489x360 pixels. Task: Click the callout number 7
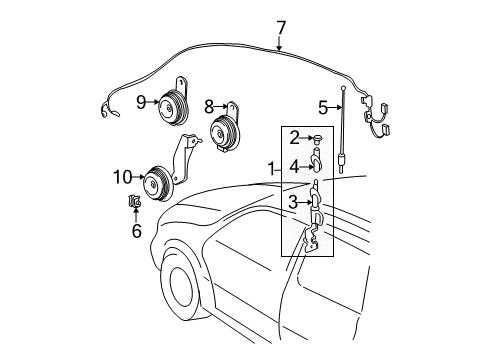pos(281,28)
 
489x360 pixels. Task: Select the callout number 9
pos(141,102)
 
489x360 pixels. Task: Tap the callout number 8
pos(209,107)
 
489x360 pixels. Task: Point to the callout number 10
pos(122,177)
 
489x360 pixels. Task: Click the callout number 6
pos(137,231)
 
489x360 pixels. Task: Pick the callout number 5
pos(323,107)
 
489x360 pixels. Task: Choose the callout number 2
pos(294,138)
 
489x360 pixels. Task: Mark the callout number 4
pos(294,167)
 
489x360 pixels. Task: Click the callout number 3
pos(293,202)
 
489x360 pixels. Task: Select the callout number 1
pos(272,169)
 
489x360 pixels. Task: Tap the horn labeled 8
pos(223,132)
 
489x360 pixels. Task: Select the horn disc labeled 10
pos(158,184)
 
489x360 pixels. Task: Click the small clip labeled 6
pos(135,202)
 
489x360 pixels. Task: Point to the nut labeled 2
pos(316,138)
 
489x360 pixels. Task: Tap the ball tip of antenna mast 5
pos(343,88)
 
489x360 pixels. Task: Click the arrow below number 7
pos(279,43)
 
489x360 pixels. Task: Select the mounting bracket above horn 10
pos(186,159)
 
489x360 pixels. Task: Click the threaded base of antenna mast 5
pos(341,163)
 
